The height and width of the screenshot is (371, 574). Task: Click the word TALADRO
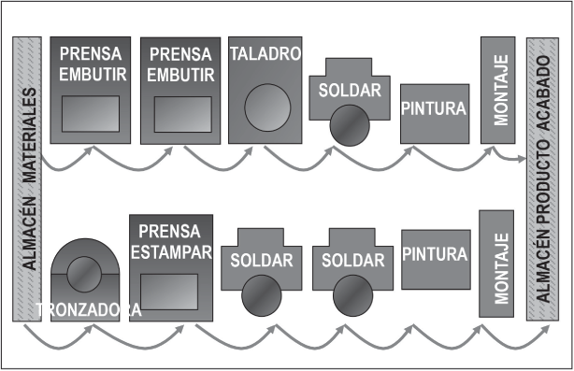pos(265,54)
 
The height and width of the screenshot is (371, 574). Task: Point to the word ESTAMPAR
pos(171,251)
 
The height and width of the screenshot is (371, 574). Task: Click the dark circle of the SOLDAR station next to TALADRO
pos(347,123)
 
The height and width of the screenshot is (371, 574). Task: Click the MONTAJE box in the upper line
pos(499,91)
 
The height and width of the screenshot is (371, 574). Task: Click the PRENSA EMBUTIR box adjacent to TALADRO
pos(180,91)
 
